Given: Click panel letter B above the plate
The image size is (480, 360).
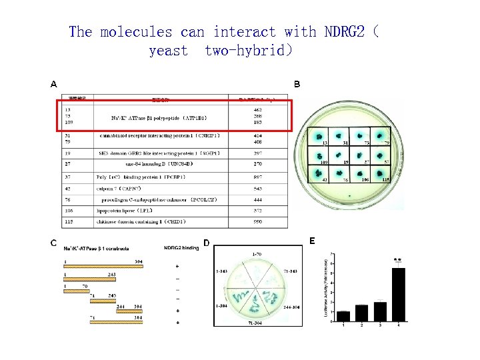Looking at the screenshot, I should (297, 84).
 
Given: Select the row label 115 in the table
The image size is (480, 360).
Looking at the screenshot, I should (67, 221).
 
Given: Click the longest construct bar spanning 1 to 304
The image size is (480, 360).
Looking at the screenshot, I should (103, 265).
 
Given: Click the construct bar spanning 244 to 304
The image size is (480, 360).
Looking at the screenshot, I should (129, 311).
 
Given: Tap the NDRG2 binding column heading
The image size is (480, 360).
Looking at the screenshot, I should (181, 248).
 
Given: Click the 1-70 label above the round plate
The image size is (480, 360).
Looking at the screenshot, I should (256, 255).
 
